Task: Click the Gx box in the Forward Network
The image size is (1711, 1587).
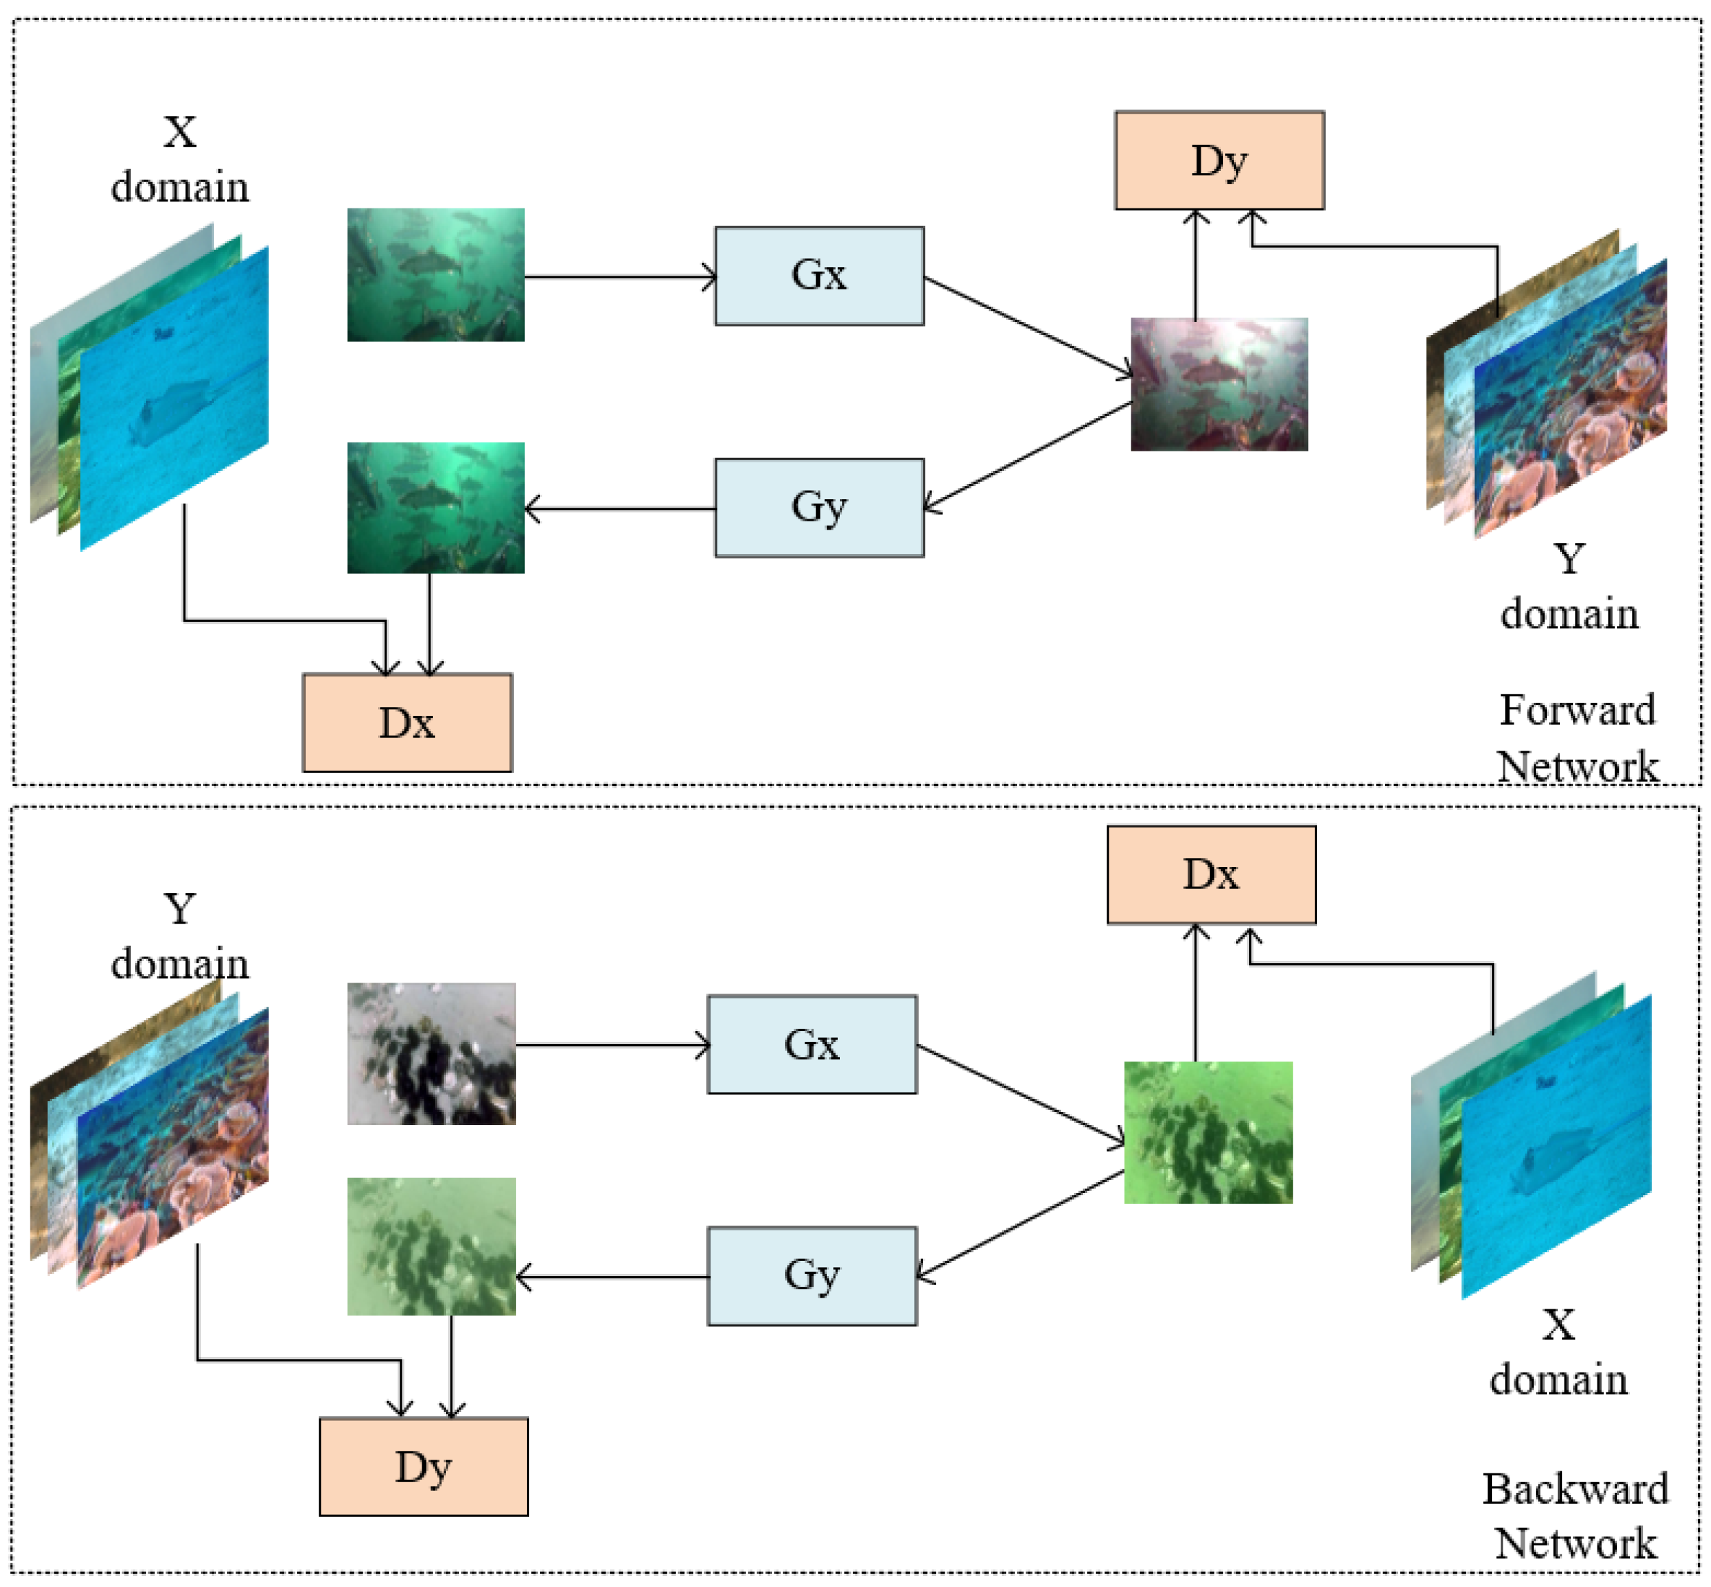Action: [x=818, y=276]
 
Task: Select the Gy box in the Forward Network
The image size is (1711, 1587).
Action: [x=818, y=508]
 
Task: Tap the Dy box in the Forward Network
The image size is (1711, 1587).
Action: [x=1218, y=160]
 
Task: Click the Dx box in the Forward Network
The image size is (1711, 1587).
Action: [x=407, y=722]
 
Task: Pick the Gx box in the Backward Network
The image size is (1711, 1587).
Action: [x=811, y=1044]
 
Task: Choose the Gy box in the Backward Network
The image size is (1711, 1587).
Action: [x=811, y=1275]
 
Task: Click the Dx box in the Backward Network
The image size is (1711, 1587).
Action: [x=1210, y=875]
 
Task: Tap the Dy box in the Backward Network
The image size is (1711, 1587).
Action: [x=424, y=1467]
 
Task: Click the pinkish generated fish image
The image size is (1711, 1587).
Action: [x=1218, y=384]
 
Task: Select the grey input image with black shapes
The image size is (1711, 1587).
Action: [x=431, y=1053]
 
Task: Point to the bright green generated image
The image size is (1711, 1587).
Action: [x=1207, y=1132]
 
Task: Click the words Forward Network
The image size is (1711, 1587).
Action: [x=1577, y=737]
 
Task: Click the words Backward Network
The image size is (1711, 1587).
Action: [x=1575, y=1516]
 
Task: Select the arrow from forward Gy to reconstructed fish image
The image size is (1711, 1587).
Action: [x=618, y=508]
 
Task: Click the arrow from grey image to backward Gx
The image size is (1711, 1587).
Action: [x=611, y=1045]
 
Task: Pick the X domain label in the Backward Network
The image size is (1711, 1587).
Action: [x=1558, y=1352]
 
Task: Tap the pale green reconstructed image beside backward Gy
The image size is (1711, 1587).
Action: [x=431, y=1245]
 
